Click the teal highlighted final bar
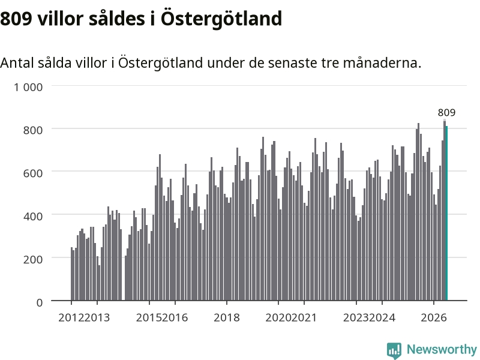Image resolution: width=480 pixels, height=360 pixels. coord(446,213)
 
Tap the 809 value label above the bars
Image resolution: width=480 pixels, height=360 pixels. coord(446,113)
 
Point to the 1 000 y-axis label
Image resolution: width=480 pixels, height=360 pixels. coord(28,87)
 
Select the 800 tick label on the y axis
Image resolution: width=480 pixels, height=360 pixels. coord(33,130)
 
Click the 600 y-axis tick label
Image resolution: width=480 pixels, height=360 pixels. coord(33,173)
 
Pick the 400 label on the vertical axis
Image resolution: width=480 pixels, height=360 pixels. coord(33,217)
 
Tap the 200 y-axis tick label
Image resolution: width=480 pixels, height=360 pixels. coord(33,259)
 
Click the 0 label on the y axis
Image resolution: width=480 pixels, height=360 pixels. coord(40,302)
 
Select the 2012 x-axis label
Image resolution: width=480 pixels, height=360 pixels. coord(71,318)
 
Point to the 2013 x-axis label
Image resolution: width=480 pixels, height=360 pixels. coord(97,318)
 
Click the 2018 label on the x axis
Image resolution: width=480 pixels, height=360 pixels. coord(227,318)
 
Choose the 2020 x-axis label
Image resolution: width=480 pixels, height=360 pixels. coord(278,318)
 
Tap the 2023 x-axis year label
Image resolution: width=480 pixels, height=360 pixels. coord(356,318)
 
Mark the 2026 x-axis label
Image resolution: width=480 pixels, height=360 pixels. coord(433,318)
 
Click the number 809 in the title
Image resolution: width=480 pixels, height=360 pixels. coord(16,19)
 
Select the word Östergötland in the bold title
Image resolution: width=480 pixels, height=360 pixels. coord(221,19)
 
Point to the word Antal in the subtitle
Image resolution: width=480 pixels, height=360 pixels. coord(17,63)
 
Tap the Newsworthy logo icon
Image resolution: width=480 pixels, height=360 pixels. coord(394,350)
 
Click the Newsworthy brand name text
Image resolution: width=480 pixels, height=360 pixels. coord(442,349)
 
